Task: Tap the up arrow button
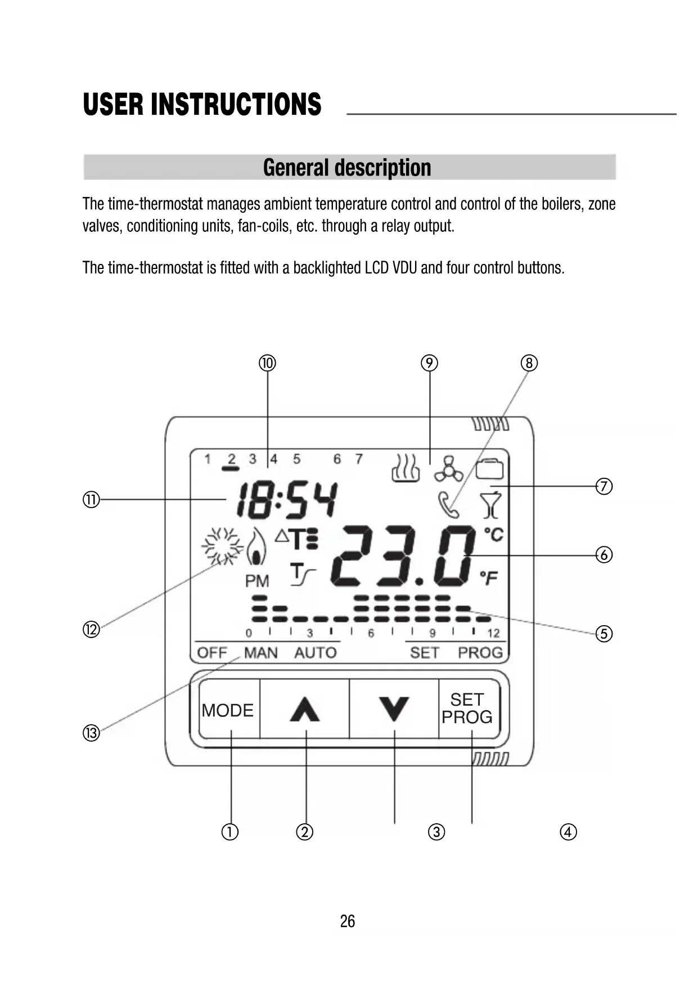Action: [305, 709]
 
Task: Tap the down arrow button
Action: [394, 709]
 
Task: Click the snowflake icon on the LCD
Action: [222, 546]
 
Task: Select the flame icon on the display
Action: [257, 548]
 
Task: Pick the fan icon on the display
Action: [448, 469]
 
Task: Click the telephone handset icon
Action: [448, 504]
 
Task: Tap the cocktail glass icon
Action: [491, 505]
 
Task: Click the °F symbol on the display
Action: [489, 577]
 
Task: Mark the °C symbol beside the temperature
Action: [494, 533]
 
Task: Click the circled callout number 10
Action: [267, 363]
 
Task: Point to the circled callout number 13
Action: [91, 733]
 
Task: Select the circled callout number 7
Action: [604, 486]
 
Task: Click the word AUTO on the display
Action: [315, 653]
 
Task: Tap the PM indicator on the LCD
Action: [257, 581]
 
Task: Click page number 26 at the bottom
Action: [348, 921]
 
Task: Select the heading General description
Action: [348, 168]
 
